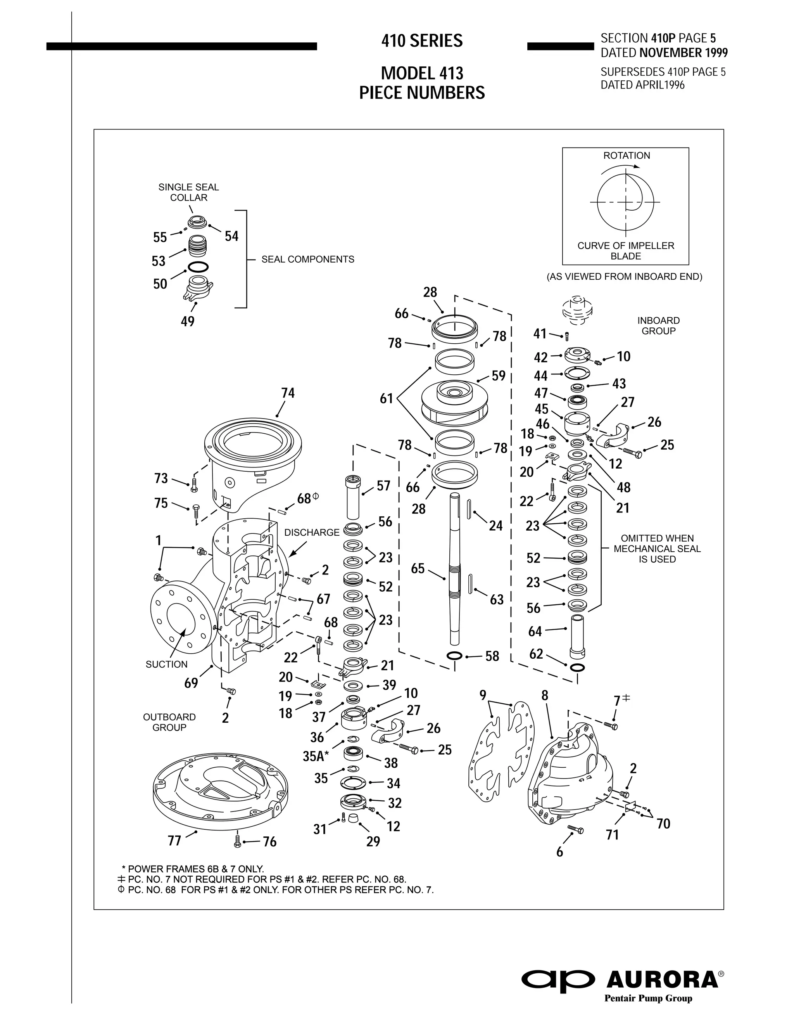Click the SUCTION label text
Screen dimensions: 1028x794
[166, 664]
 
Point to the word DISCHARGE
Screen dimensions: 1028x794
[312, 532]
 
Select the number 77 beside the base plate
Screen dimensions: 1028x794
[174, 841]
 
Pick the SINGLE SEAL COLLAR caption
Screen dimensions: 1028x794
[189, 192]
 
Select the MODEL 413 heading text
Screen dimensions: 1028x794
[422, 73]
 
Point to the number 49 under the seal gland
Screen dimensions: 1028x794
[187, 322]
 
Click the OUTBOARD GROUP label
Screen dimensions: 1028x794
[169, 722]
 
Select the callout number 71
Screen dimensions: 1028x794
[612, 834]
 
